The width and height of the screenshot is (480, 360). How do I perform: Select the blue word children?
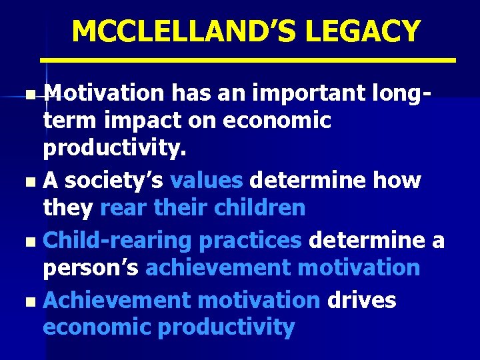[259, 207]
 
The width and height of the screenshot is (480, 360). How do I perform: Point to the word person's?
[91, 267]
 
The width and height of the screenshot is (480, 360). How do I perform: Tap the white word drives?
[361, 300]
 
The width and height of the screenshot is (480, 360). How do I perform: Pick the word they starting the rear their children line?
[68, 207]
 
